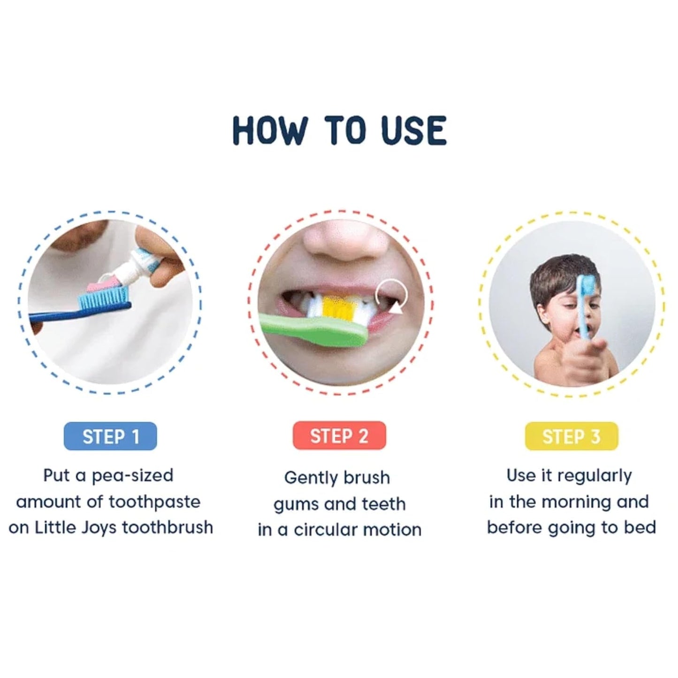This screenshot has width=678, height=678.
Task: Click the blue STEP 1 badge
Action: (110, 436)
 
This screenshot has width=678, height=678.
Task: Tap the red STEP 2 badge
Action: (339, 436)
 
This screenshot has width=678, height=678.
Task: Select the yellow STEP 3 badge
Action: (571, 436)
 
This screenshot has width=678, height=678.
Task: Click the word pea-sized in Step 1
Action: (132, 475)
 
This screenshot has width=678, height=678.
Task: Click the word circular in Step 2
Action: (329, 530)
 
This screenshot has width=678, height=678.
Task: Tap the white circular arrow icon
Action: (392, 296)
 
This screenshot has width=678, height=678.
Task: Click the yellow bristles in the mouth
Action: (338, 305)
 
